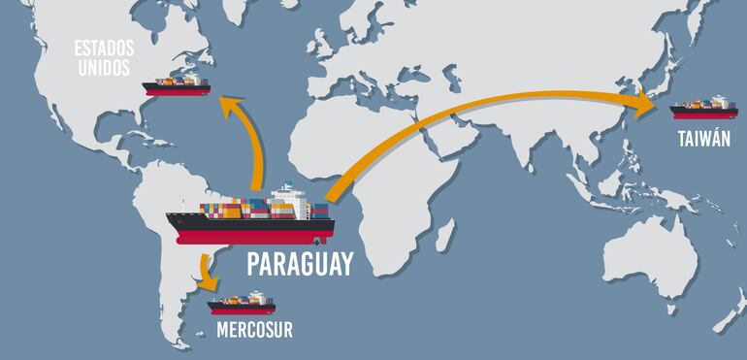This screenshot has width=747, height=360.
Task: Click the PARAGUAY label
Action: click(x=299, y=265)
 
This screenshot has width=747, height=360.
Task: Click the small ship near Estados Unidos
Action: click(x=177, y=85)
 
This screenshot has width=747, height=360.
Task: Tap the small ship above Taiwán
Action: click(x=703, y=107)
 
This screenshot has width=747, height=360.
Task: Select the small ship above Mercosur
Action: click(x=242, y=305)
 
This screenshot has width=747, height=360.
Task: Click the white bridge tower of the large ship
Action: click(x=287, y=198)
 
